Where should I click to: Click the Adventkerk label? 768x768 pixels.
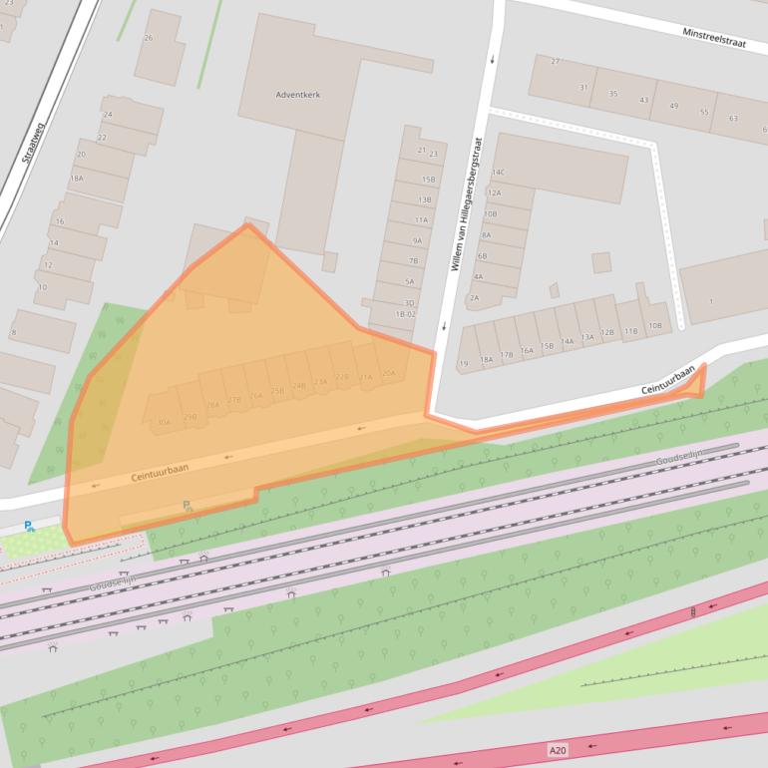tap(298, 95)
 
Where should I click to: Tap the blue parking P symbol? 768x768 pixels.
tap(29, 526)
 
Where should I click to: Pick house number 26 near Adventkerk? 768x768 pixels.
tap(149, 38)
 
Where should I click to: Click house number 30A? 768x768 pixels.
tap(164, 423)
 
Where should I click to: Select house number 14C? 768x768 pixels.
tap(498, 174)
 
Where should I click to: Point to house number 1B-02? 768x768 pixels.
tap(404, 314)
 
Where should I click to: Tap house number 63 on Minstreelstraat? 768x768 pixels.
tap(733, 119)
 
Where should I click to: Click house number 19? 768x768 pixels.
tap(463, 363)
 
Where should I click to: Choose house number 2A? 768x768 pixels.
tap(474, 297)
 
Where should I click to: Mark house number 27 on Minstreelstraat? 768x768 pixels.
tap(556, 62)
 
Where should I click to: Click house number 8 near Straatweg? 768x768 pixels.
tap(13, 332)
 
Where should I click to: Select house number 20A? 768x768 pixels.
tap(389, 373)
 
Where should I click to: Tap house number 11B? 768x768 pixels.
tap(630, 331)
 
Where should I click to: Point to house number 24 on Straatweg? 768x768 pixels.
tap(108, 116)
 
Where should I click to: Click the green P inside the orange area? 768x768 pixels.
tap(187, 507)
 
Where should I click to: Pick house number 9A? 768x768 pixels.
tap(417, 240)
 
